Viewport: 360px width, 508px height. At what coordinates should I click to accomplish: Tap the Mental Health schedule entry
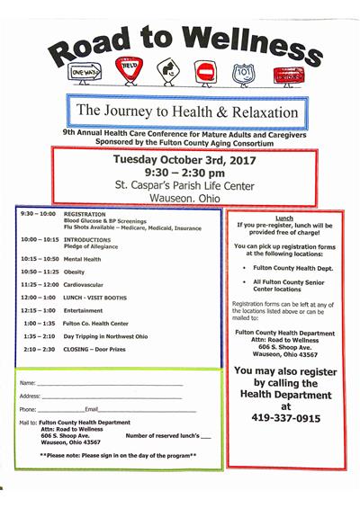(x=82, y=258)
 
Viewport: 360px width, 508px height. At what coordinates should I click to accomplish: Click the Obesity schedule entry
(x=74, y=271)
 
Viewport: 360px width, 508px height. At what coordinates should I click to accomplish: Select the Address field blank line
(x=112, y=397)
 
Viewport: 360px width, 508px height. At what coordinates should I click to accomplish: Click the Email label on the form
(x=92, y=409)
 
